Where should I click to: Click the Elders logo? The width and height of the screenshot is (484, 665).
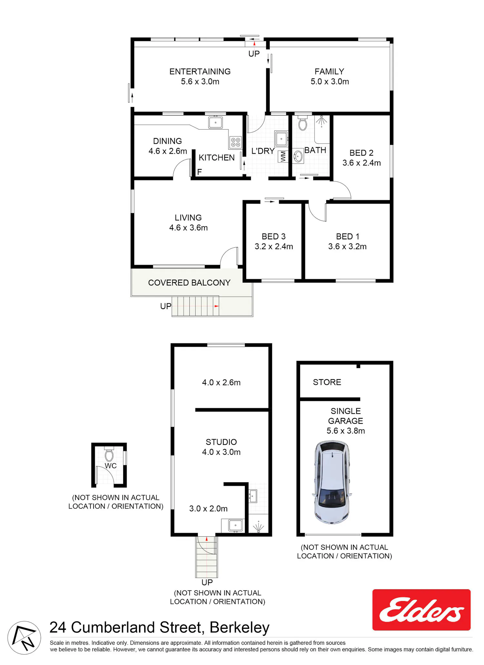coord(421,610)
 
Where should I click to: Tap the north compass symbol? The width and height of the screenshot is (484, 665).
coord(24,638)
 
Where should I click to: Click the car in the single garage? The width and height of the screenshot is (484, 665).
coord(331,482)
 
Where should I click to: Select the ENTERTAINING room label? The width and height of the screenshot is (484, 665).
coord(200,71)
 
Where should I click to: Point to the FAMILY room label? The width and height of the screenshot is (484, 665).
coord(329,71)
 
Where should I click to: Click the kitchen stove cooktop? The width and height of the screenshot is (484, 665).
coord(236,142)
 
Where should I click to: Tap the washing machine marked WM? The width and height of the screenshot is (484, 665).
coord(283,156)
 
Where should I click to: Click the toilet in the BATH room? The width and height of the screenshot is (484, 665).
coord(302,123)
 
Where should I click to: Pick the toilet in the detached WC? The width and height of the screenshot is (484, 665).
coord(109,454)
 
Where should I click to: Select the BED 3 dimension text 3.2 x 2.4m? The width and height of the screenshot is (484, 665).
coord(274,246)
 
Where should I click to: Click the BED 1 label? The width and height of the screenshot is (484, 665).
coord(348,236)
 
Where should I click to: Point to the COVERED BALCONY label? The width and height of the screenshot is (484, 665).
coord(189,283)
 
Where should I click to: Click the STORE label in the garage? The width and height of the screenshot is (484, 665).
coord(327,382)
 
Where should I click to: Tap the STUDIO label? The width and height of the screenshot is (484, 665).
coord(221,442)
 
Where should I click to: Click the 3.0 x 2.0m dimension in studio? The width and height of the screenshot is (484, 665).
coord(208,509)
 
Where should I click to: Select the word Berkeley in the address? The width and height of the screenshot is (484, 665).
coord(239,628)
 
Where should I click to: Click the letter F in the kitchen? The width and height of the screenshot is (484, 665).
coord(199,172)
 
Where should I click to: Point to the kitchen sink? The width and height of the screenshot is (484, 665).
coord(215,123)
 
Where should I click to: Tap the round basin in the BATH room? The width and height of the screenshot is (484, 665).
coord(298,157)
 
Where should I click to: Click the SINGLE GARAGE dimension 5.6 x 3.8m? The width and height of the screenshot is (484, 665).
coord(346,431)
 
